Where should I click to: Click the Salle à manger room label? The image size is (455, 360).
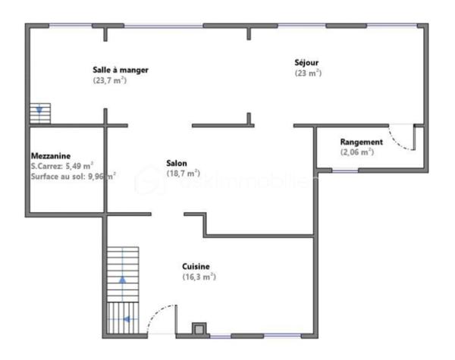point(121,70)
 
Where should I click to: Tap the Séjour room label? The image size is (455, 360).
point(309,62)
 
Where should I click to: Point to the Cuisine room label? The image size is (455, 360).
point(196,266)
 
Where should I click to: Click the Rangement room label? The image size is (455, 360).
point(361,142)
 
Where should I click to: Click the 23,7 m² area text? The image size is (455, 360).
point(110,80)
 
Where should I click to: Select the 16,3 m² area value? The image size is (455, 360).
point(199,277)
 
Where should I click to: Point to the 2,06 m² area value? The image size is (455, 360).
point(357,152)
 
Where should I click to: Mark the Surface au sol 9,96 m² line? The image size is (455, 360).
point(73,176)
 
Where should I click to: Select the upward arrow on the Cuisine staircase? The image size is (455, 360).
point(123,279)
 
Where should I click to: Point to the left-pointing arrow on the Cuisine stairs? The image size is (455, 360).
point(127,319)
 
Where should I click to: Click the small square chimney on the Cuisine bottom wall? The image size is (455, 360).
point(199,329)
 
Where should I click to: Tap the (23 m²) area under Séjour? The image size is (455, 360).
point(308,74)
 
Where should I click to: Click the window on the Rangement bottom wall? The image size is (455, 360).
point(345,171)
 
